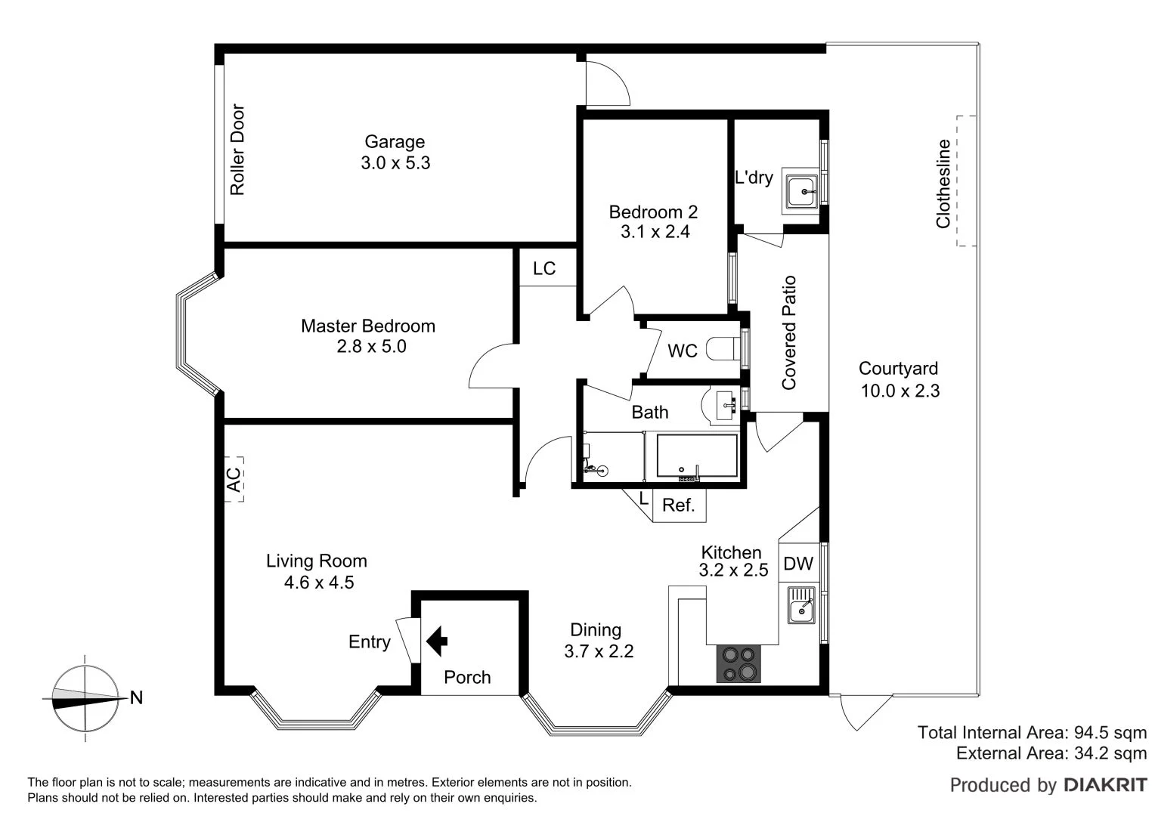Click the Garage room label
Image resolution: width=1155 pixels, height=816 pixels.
click(395, 141)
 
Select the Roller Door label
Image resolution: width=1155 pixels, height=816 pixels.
click(238, 150)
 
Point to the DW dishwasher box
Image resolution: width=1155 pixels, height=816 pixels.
click(797, 564)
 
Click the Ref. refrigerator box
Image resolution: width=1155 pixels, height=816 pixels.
click(679, 505)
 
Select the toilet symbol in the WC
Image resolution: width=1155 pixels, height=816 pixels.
click(722, 350)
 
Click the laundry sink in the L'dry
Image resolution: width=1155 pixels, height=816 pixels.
click(800, 192)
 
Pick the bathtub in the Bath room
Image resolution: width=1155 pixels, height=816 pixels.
click(696, 456)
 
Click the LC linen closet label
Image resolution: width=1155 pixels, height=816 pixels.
click(544, 268)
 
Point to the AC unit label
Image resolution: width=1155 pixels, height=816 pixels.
click(234, 479)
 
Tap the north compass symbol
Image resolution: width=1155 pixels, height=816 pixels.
click(85, 699)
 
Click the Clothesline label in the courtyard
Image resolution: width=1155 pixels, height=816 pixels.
click(943, 184)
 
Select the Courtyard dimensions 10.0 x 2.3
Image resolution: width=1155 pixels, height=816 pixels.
click(900, 391)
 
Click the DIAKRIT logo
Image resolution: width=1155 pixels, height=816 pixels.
click(1104, 785)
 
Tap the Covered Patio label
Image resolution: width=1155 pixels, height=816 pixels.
click(789, 332)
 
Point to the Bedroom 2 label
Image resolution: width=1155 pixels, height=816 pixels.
click(653, 212)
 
